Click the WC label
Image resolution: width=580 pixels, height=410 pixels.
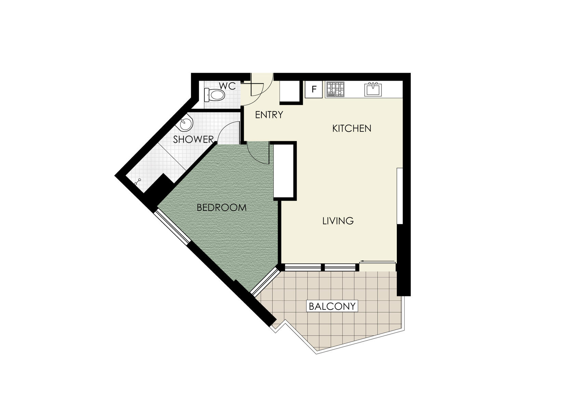[x=227, y=86]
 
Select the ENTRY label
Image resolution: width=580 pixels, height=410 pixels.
[x=269, y=115]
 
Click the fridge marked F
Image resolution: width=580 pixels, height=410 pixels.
[x=313, y=89]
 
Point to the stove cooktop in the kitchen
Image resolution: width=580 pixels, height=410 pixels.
[x=336, y=89]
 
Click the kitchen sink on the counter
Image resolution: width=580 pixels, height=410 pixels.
[x=373, y=89]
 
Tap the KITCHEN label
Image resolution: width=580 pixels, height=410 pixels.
[x=352, y=128]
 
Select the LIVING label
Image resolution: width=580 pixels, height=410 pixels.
[x=338, y=221]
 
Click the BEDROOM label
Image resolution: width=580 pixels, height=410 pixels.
[x=221, y=207]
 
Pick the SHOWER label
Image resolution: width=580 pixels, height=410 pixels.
[x=193, y=139]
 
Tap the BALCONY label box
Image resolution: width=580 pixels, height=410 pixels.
[x=332, y=306]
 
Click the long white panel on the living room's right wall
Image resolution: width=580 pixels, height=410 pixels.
[x=400, y=196]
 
